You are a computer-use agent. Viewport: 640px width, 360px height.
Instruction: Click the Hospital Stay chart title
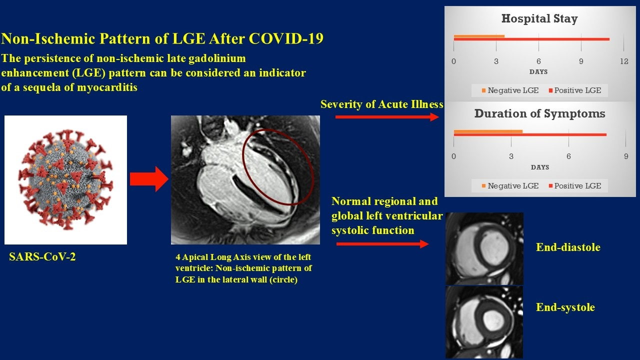click(x=539, y=19)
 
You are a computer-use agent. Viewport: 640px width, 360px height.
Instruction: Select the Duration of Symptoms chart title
click(x=539, y=113)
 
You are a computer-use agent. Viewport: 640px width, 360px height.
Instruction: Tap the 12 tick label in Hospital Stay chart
click(x=624, y=61)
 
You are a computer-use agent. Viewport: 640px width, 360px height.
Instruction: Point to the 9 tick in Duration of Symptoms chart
click(x=626, y=156)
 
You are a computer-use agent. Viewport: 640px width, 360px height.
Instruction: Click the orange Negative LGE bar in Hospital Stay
click(x=479, y=36)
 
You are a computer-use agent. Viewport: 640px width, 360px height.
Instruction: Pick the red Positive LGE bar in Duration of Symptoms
click(x=530, y=134)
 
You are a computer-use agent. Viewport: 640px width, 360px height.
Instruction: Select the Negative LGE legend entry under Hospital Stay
click(x=510, y=90)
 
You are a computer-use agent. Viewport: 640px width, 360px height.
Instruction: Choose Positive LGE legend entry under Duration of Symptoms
click(x=575, y=186)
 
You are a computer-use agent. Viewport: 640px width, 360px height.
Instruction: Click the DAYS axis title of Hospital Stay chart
click(x=538, y=71)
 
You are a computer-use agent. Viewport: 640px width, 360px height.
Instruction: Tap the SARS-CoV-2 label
click(x=42, y=256)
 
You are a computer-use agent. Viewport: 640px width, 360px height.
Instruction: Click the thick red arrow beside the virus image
click(x=149, y=179)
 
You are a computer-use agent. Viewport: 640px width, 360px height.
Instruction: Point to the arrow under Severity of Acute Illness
click(x=387, y=117)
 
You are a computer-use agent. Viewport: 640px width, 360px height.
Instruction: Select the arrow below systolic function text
click(x=382, y=244)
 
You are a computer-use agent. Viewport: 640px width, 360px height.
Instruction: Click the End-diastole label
click(x=568, y=247)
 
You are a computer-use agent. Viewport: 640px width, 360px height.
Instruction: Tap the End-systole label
click(x=565, y=307)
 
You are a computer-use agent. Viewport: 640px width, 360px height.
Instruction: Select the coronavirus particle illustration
click(x=65, y=180)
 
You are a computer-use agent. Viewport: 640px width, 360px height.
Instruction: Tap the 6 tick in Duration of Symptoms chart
click(x=568, y=156)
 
